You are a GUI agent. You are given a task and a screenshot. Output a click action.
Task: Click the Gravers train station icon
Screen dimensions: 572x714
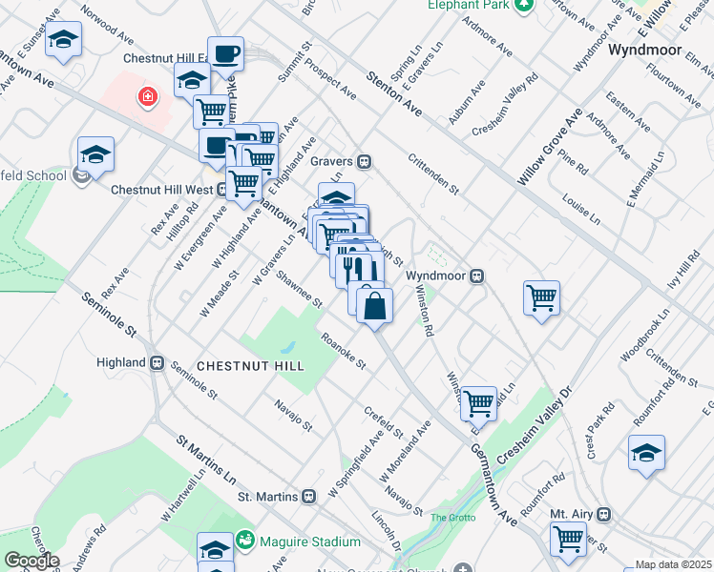point(364,162)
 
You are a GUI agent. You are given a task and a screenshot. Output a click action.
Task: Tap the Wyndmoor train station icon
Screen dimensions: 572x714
point(475,276)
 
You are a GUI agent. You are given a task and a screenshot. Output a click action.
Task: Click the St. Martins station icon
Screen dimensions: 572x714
point(308,497)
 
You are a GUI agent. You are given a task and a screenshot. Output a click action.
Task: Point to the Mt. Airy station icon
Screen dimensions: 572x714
point(602,513)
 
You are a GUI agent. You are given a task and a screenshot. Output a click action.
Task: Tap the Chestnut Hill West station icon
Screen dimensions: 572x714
point(221,189)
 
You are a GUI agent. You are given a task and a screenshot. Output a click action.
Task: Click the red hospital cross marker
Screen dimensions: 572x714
point(147,95)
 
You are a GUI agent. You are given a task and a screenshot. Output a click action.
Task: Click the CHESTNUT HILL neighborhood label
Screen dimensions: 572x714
point(250,366)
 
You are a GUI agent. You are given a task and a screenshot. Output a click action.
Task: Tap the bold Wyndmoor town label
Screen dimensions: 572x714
point(641,49)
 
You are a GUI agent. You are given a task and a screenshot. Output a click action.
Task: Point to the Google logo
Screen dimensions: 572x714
point(31,561)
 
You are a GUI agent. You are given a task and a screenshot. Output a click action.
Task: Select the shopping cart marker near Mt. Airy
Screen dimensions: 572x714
point(569,539)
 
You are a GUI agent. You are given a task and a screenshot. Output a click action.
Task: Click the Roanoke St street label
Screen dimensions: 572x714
point(344,351)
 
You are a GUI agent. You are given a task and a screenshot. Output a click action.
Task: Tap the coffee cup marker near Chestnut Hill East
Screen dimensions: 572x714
point(225,54)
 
